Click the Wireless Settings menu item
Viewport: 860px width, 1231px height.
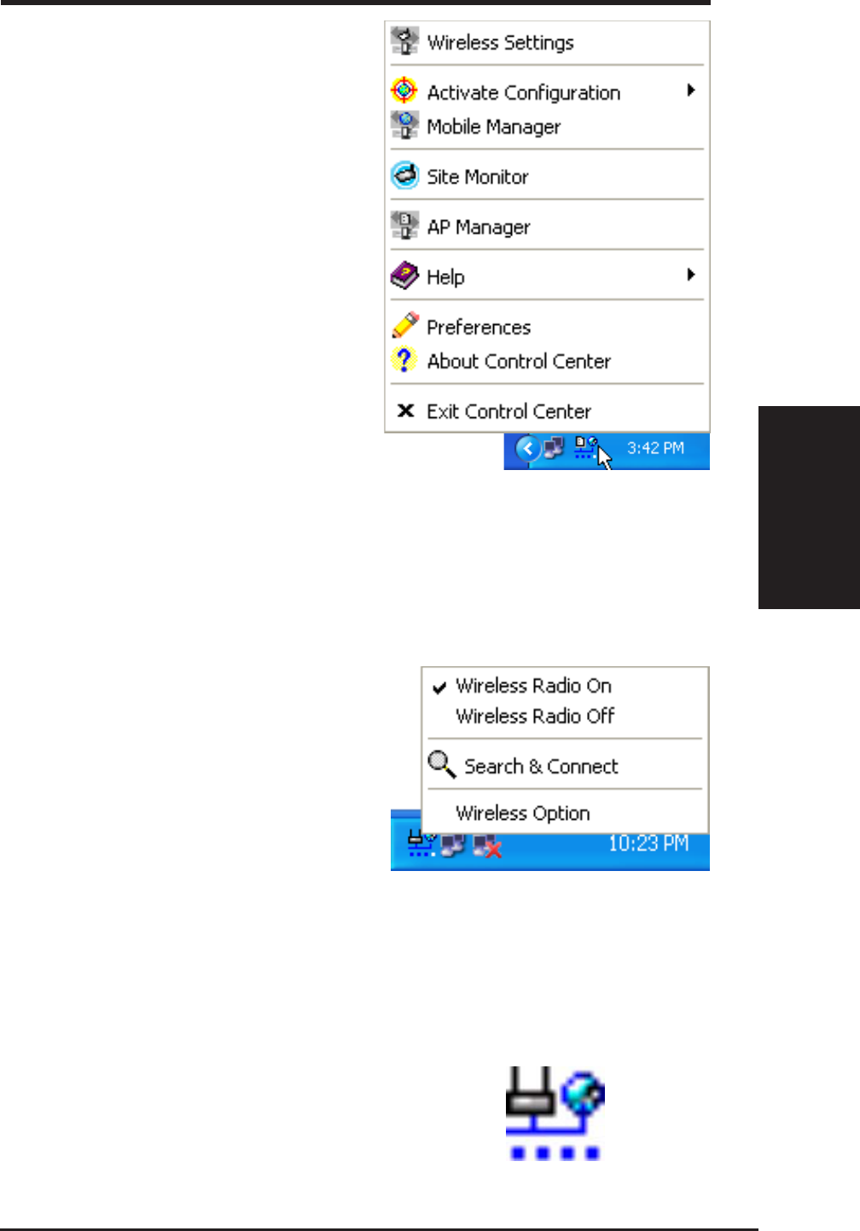click(500, 43)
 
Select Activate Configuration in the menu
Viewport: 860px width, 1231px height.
click(523, 92)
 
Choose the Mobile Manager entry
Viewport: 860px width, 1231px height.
click(493, 127)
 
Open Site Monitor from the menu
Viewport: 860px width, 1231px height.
click(477, 177)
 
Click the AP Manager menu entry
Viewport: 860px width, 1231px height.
click(478, 227)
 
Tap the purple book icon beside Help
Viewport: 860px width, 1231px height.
click(404, 276)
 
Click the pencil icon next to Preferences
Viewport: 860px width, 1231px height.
click(404, 325)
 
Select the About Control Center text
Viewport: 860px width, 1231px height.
click(519, 362)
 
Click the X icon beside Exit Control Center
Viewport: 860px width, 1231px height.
click(406, 411)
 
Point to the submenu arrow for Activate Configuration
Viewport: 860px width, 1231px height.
click(691, 90)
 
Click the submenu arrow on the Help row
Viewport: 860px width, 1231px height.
click(691, 275)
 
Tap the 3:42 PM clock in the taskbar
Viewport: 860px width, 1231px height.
click(655, 449)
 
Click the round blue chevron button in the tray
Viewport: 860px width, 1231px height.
click(528, 449)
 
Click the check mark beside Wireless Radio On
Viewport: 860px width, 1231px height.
click(440, 687)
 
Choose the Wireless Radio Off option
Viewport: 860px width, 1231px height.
click(535, 717)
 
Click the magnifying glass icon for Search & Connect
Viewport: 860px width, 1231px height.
click(441, 764)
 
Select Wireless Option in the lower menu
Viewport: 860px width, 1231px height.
click(522, 813)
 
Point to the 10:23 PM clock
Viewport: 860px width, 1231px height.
click(648, 845)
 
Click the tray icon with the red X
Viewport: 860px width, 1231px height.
click(487, 845)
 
